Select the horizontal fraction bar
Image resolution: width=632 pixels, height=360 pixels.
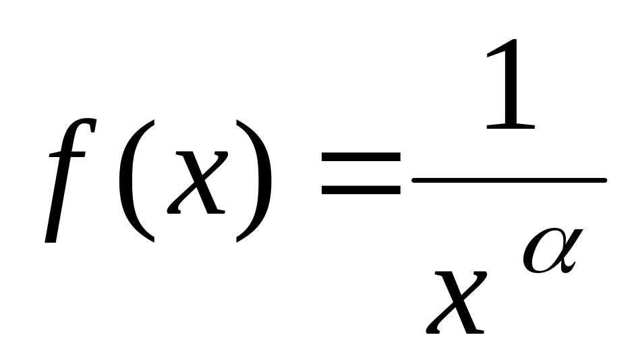coord(509,180)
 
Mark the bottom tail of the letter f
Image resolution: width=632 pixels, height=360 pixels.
coord(49,236)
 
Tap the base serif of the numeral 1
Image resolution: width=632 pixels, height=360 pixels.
coord(510,126)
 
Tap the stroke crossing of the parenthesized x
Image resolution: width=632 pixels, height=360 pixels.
coord(196,182)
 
